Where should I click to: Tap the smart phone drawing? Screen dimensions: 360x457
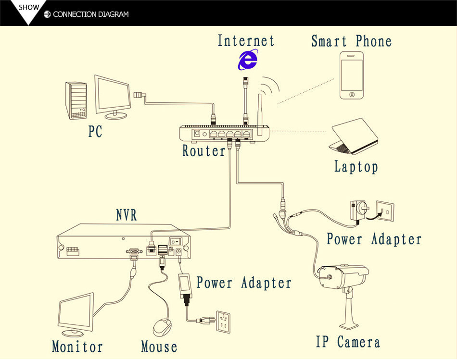(x=352, y=75)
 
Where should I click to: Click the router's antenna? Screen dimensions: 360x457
(x=260, y=111)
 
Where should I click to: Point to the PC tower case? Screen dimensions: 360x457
(x=76, y=100)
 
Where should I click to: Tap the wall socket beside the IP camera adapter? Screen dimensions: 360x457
(x=385, y=211)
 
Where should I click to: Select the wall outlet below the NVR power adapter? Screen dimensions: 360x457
(x=223, y=322)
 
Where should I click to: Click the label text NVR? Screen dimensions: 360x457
(x=127, y=215)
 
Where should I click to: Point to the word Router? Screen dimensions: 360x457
(x=203, y=151)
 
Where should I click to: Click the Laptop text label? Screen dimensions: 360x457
(x=356, y=167)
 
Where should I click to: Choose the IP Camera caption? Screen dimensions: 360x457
(x=348, y=342)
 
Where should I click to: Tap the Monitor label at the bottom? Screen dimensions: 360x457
(x=77, y=347)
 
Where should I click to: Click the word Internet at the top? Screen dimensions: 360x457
(x=246, y=40)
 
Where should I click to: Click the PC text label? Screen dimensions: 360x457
(x=95, y=131)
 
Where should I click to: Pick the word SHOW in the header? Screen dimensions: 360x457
(x=29, y=8)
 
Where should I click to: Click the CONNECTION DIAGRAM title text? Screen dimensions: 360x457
(x=91, y=14)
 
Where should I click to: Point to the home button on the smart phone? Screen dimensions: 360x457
(x=352, y=94)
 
